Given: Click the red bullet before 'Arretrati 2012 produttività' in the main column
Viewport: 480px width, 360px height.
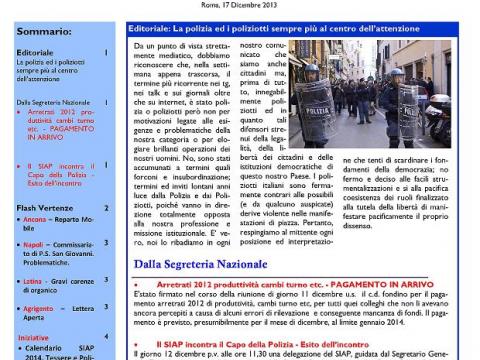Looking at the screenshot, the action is coord(148,284).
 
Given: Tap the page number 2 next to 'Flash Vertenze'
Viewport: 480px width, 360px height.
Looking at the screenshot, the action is coord(107,208).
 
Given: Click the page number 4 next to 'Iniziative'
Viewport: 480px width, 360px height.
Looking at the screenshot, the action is coord(107,337).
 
